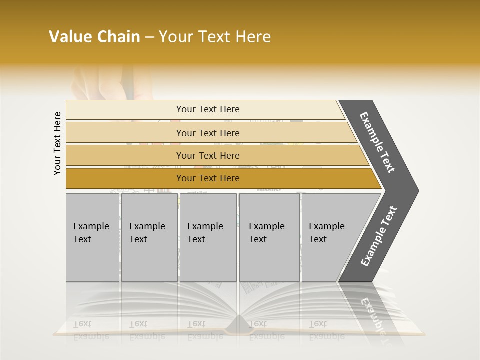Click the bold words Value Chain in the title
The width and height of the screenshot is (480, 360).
[94, 37]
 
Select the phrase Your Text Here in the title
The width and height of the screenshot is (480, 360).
[215, 37]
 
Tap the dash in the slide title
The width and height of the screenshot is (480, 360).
[149, 37]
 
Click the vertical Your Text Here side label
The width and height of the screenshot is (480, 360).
[57, 143]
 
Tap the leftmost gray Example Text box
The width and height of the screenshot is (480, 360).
[92, 237]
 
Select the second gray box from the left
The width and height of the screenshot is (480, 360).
[149, 237]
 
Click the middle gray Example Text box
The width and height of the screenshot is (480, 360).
[208, 237]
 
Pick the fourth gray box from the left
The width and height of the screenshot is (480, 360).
[269, 237]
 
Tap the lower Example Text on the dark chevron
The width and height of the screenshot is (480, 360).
[379, 236]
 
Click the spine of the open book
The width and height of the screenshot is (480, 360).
[237, 327]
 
